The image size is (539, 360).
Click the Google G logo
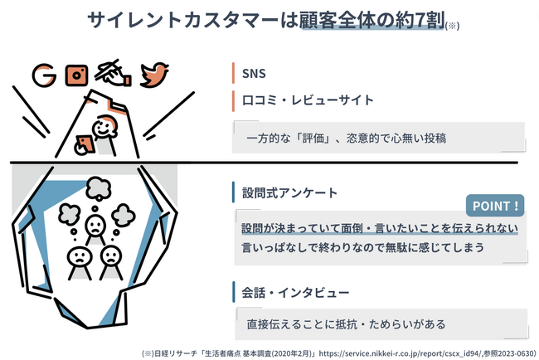click(x=44, y=75)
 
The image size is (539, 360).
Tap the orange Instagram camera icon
click(x=76, y=75)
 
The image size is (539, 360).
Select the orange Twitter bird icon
click(x=154, y=75)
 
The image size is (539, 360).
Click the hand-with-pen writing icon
click(x=113, y=73)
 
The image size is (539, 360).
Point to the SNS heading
click(x=254, y=74)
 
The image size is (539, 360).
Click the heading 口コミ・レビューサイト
click(x=308, y=100)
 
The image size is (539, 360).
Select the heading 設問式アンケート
click(x=289, y=193)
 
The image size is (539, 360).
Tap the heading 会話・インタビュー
click(x=296, y=293)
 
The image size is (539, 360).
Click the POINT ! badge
click(x=495, y=206)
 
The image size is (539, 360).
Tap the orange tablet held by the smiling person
click(x=85, y=144)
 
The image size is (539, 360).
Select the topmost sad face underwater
click(x=95, y=226)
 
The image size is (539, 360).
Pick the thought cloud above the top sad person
click(x=99, y=188)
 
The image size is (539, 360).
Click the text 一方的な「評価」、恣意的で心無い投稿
click(x=347, y=139)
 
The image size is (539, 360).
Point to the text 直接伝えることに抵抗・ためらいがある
click(x=346, y=324)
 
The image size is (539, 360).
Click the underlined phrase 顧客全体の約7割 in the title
click(x=372, y=20)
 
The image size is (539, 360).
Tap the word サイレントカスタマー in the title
click(x=183, y=20)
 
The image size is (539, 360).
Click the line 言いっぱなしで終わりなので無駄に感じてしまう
click(x=362, y=247)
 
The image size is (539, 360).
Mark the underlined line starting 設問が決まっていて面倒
click(x=380, y=228)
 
